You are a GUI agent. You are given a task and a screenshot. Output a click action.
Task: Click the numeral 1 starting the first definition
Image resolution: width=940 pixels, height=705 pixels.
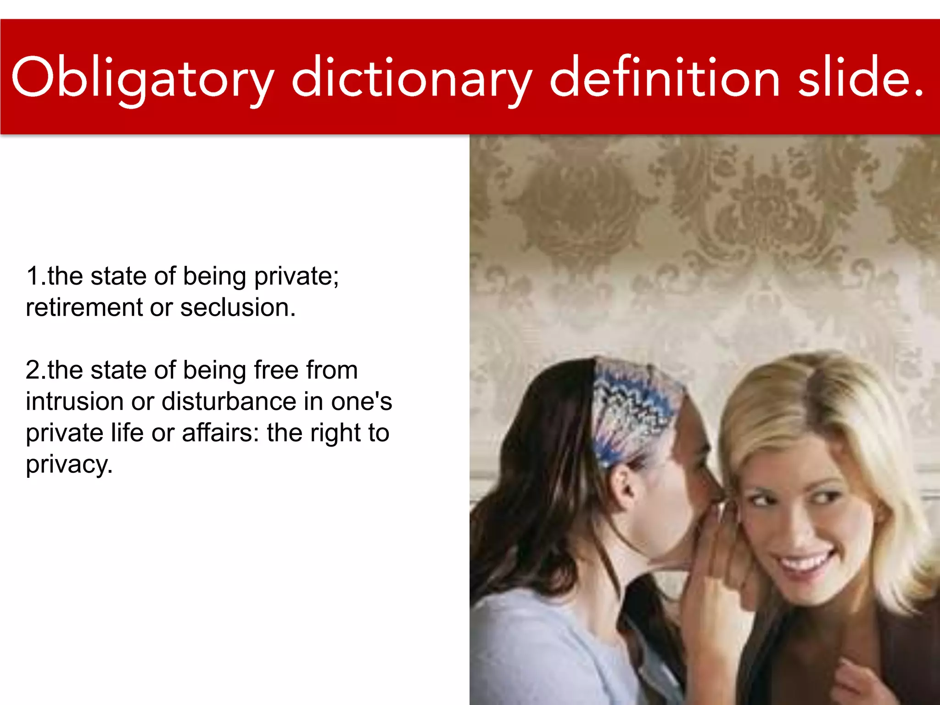33,276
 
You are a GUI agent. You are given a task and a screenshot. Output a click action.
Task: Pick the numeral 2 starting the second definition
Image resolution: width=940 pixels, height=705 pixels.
33,370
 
